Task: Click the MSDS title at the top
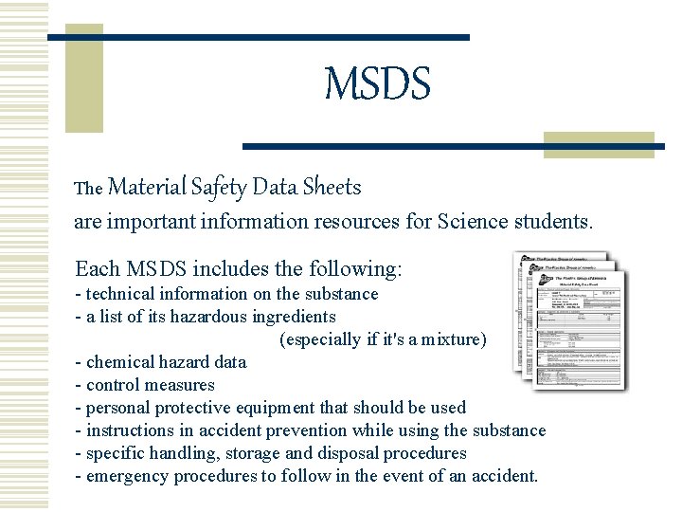point(377,84)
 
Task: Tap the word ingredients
point(290,317)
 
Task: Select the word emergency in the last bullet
point(129,476)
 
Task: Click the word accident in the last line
point(503,476)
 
